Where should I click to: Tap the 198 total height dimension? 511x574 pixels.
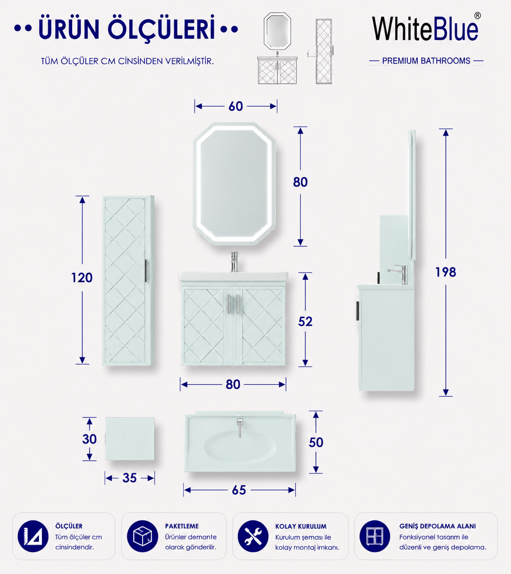click(445, 272)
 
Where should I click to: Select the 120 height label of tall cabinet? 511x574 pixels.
click(82, 278)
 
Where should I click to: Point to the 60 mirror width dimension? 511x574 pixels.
click(236, 106)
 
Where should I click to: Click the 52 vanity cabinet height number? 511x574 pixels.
click(305, 322)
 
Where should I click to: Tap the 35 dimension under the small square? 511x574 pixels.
click(130, 478)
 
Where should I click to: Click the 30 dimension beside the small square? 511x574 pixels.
click(89, 439)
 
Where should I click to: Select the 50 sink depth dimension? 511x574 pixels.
click(316, 442)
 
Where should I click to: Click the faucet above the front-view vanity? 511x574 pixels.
click(234, 262)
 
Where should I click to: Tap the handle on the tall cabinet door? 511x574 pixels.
click(146, 271)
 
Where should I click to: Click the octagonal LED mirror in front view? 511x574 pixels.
click(234, 183)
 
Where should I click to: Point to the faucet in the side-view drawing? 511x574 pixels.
click(398, 274)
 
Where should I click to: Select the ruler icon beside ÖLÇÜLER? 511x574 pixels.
click(33, 536)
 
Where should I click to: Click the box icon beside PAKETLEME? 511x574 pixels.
click(143, 536)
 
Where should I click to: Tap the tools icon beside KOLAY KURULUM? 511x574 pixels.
click(253, 536)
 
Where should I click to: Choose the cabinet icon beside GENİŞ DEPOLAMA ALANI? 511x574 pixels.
click(375, 536)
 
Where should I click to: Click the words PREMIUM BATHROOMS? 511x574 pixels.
click(426, 61)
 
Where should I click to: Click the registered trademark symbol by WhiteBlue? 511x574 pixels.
click(478, 16)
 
